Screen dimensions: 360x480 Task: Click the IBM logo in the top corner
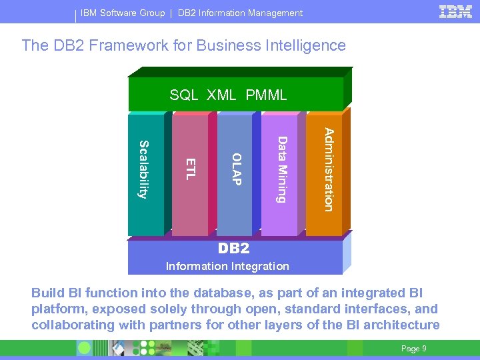click(x=456, y=11)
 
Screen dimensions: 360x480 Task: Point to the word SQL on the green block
click(x=183, y=95)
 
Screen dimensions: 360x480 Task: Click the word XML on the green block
click(x=221, y=95)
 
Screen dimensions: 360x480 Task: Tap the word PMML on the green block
click(x=266, y=95)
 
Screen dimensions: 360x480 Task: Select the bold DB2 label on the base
click(x=234, y=249)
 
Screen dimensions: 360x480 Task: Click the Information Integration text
click(x=227, y=266)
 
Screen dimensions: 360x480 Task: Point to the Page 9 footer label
click(x=414, y=349)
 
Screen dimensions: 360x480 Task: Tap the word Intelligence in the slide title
click(x=307, y=45)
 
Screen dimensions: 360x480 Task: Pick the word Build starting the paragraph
click(x=49, y=293)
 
